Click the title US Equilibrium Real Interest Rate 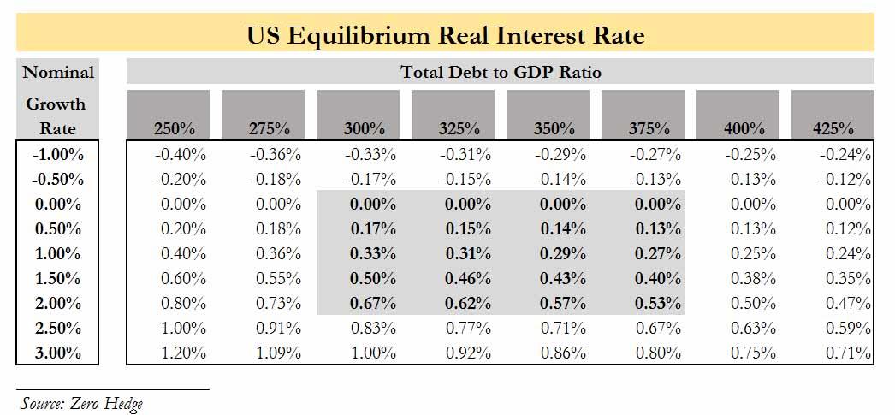[446, 35]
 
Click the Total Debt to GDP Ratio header [501, 72]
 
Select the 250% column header [175, 129]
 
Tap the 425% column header [833, 129]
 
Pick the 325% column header [459, 129]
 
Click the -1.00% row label [57, 155]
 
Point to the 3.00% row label [57, 353]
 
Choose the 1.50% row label [57, 278]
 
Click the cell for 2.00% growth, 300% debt [374, 303]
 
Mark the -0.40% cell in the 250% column [181, 155]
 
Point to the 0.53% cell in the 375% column [659, 303]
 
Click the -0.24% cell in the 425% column [846, 155]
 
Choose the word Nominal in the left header [57, 72]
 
